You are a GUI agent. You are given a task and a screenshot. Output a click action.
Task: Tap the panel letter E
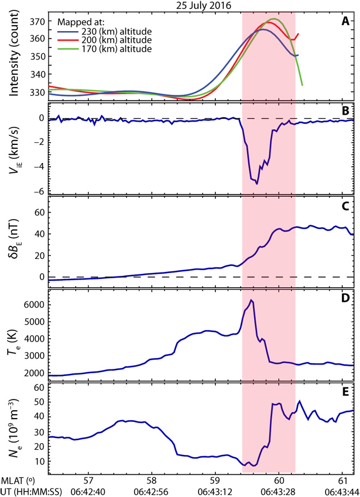pos(345,392)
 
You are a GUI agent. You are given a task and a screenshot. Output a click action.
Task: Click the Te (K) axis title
pos(14,334)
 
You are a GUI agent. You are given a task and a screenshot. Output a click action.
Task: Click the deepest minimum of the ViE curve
pos(257,184)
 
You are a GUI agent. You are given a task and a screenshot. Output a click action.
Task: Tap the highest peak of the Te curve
pos(251,300)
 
